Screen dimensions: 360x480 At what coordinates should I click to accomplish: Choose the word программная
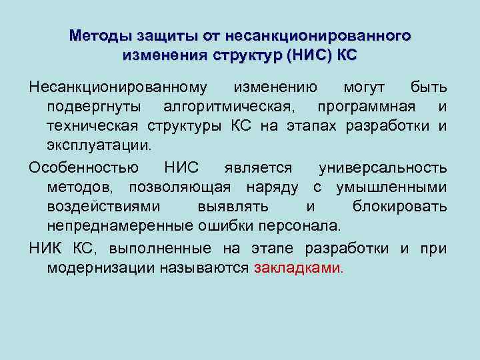[367, 107]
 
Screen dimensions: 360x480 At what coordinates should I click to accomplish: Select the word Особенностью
[84, 166]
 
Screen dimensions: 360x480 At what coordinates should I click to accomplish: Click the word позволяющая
[178, 187]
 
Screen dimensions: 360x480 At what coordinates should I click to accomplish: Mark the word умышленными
[391, 187]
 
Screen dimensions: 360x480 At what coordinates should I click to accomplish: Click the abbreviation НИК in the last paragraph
[46, 249]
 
